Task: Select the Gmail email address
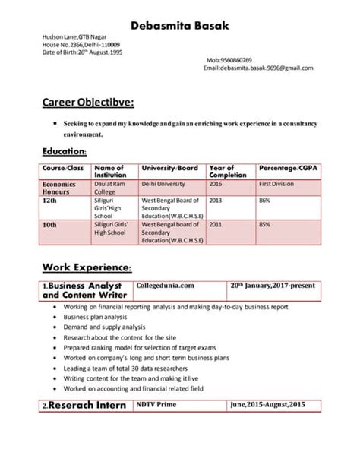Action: (257, 68)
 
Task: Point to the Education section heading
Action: (69, 151)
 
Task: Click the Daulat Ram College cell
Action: (109, 188)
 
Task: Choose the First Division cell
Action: (277, 183)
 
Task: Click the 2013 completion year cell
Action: (216, 201)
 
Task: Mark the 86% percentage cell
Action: (265, 201)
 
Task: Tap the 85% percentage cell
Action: (265, 225)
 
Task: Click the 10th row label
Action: (50, 225)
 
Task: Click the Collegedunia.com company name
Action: (166, 286)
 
